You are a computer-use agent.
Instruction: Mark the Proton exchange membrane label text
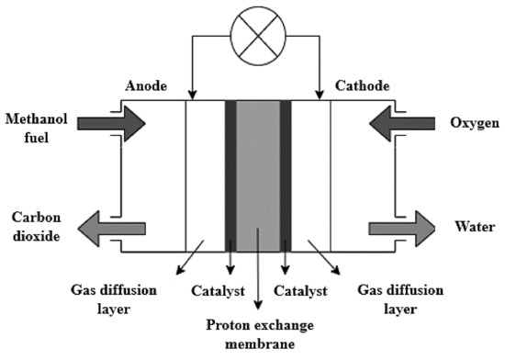[258, 333]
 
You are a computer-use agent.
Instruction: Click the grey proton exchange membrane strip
[258, 174]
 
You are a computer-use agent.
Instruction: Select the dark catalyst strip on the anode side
[230, 174]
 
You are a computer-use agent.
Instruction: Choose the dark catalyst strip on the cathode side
[286, 174]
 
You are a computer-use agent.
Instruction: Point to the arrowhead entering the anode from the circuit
[193, 94]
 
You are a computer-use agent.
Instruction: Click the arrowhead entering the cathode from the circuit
[319, 94]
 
